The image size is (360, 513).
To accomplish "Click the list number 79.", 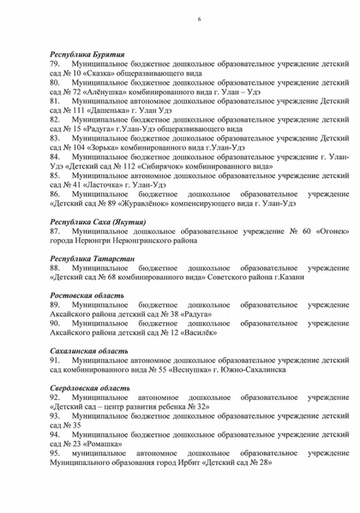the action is [57, 64].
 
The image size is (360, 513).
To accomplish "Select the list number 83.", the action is [57, 136].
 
